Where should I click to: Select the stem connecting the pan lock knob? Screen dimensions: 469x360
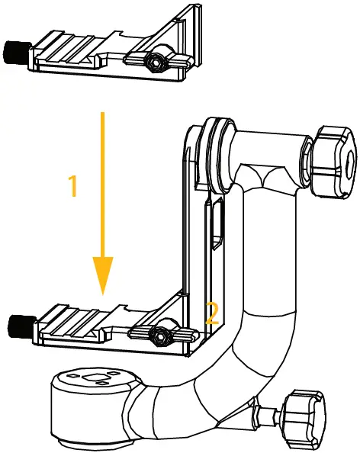pyautogui.click(x=267, y=415)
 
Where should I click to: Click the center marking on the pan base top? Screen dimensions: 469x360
pyautogui.click(x=92, y=378)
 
